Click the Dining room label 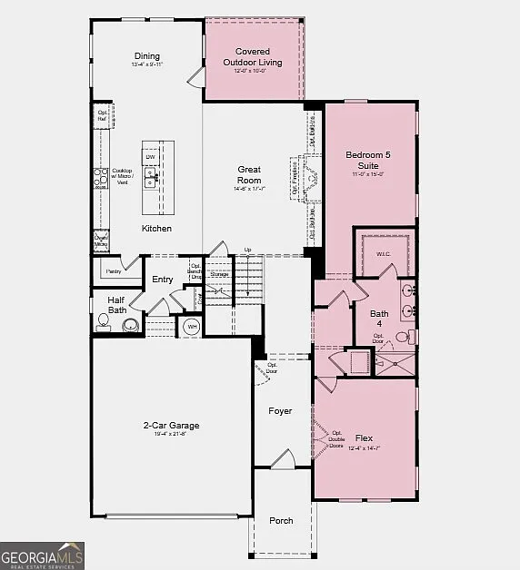(147, 55)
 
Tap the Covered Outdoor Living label (253, 57)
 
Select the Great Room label (249, 174)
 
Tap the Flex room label (365, 437)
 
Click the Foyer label (280, 411)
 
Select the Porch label (281, 520)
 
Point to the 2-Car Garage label (171, 425)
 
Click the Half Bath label (116, 305)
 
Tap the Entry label (163, 280)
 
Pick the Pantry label (114, 270)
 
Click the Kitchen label (156, 229)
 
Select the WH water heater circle (192, 326)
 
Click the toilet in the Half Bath (104, 322)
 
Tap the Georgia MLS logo (43, 554)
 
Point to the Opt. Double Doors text (337, 439)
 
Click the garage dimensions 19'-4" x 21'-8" (171, 434)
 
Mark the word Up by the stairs (247, 250)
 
